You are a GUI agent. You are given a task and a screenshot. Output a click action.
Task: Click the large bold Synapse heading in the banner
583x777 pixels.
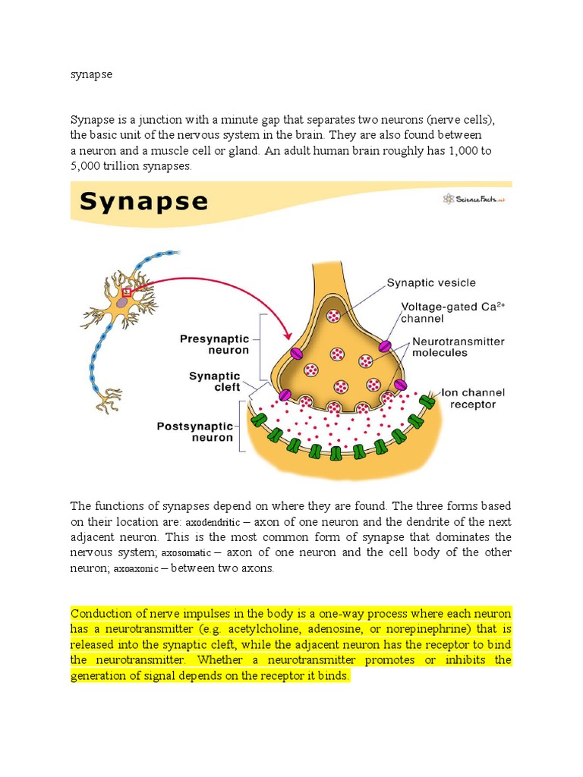[x=143, y=202]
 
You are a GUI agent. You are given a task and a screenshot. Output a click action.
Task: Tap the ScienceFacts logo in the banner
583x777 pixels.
[x=474, y=199]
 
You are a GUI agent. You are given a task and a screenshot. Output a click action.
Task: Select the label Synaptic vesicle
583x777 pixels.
[x=431, y=283]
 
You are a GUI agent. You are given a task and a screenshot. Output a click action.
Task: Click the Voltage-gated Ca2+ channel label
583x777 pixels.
[x=452, y=313]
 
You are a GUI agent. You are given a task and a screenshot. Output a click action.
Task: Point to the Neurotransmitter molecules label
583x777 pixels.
[x=458, y=348]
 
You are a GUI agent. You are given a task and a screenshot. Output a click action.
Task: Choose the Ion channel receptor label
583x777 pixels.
[x=472, y=398]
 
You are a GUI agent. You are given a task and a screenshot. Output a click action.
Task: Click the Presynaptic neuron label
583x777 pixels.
[x=214, y=344]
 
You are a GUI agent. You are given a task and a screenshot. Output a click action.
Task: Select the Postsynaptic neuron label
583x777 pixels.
[x=194, y=432]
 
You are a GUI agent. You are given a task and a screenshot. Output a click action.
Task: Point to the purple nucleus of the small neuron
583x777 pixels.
[x=121, y=302]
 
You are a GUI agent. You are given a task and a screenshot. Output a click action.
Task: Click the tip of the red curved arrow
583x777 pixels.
[x=288, y=337]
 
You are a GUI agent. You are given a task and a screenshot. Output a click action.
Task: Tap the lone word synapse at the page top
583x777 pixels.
[x=91, y=76]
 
